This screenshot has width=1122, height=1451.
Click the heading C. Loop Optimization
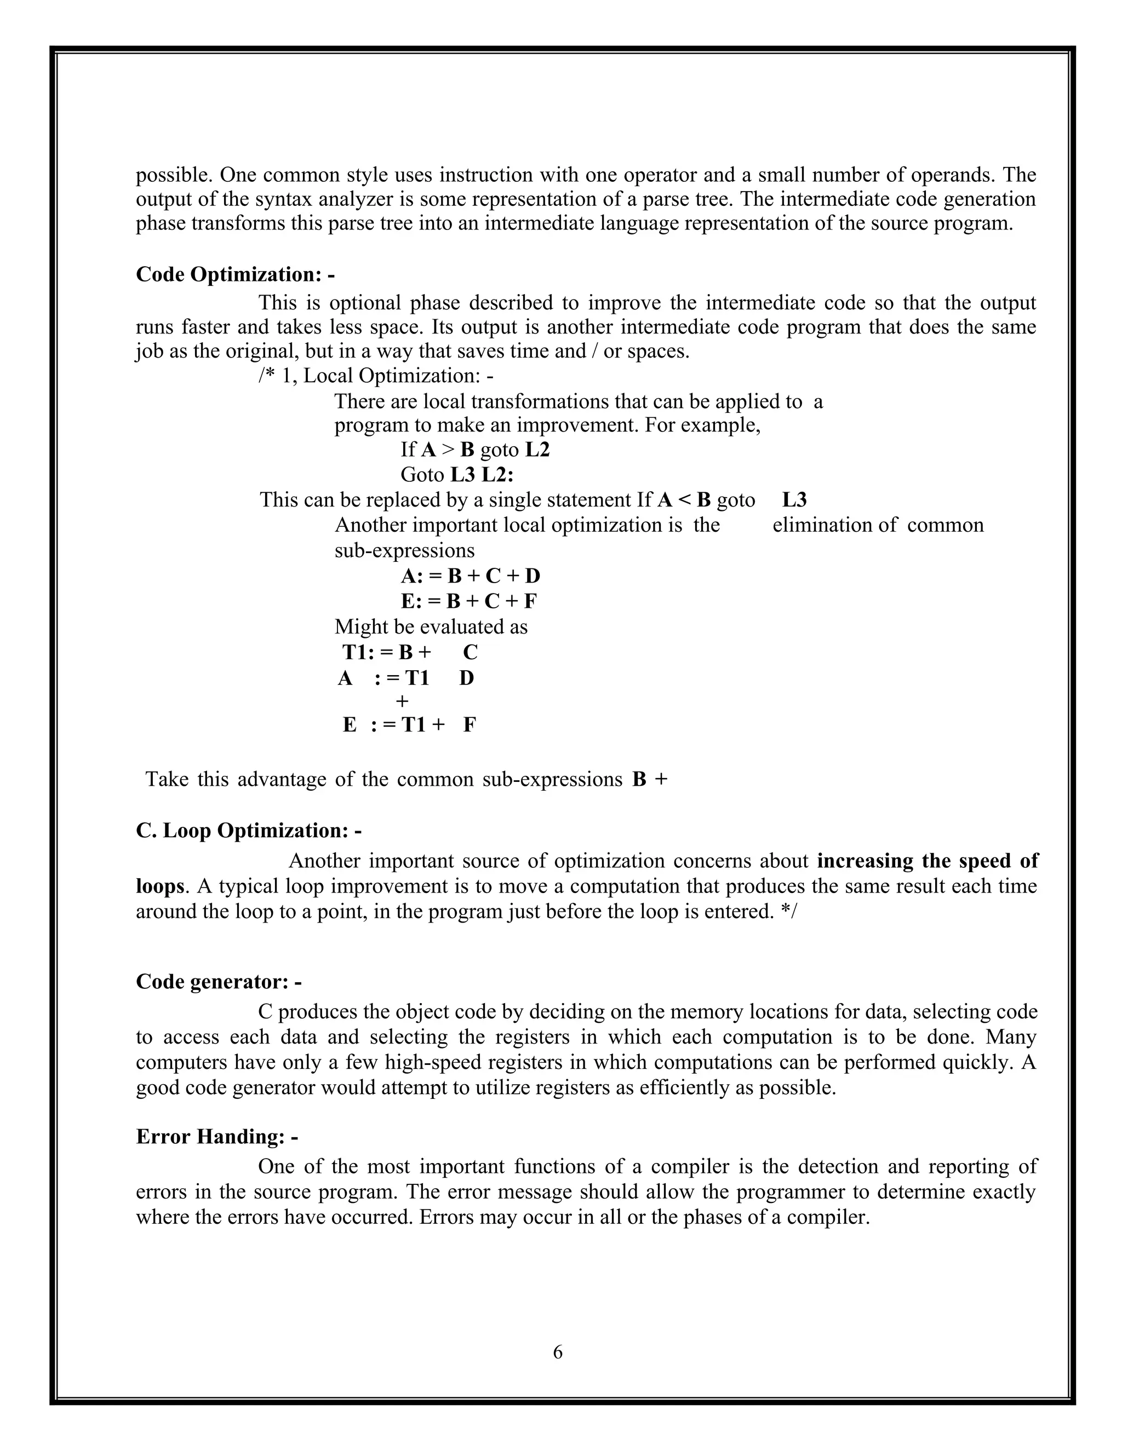tap(249, 831)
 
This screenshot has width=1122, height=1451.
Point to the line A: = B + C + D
tap(471, 575)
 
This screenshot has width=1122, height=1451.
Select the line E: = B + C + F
tap(470, 601)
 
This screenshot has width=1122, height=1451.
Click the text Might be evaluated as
tap(431, 626)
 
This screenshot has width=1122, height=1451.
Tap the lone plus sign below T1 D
tap(402, 701)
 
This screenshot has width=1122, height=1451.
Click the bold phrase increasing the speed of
tap(928, 861)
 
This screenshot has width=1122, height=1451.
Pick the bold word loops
tap(159, 886)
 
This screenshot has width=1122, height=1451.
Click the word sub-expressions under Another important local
tap(404, 550)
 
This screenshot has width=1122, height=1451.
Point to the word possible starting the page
tap(174, 175)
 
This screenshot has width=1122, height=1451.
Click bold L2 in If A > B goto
tap(537, 451)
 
